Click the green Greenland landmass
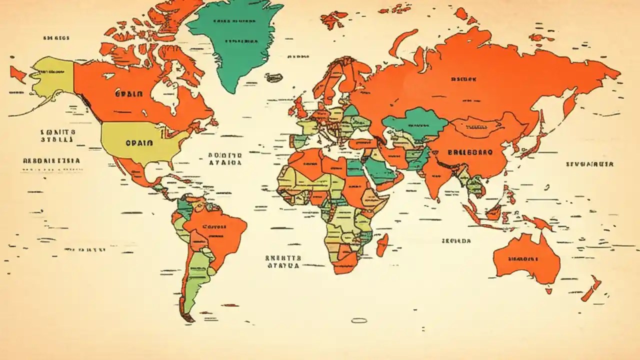(235, 45)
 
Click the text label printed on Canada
(128, 93)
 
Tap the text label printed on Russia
(463, 79)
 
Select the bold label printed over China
(470, 152)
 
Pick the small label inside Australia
(523, 259)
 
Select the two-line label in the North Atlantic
(224, 159)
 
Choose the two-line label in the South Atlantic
(283, 261)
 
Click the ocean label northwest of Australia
(456, 240)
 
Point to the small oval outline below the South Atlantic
(359, 320)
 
